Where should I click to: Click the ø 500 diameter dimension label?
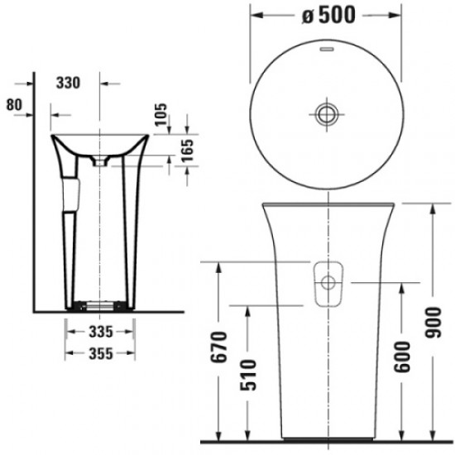coord(331,16)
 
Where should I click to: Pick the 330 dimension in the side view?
coord(73,83)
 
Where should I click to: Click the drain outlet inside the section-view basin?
coord(100,162)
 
